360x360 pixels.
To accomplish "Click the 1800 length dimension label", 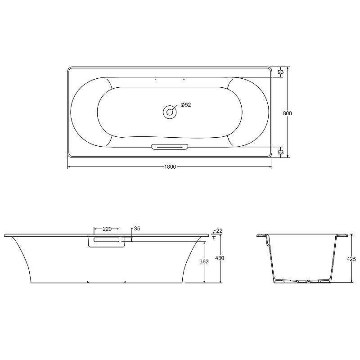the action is click(170, 166).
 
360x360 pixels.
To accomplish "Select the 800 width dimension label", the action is click(287, 113).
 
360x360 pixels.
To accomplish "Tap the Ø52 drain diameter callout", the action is click(186, 105).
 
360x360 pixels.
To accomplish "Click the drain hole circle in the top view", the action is click(170, 112).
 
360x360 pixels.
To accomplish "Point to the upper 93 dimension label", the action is click(280, 72).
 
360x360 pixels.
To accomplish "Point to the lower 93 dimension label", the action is click(280, 152).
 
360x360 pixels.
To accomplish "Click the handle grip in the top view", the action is click(170, 147).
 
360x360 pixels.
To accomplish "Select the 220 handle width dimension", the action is click(107, 229).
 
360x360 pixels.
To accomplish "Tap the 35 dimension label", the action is click(137, 229).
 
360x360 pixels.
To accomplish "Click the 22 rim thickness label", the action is click(220, 231).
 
